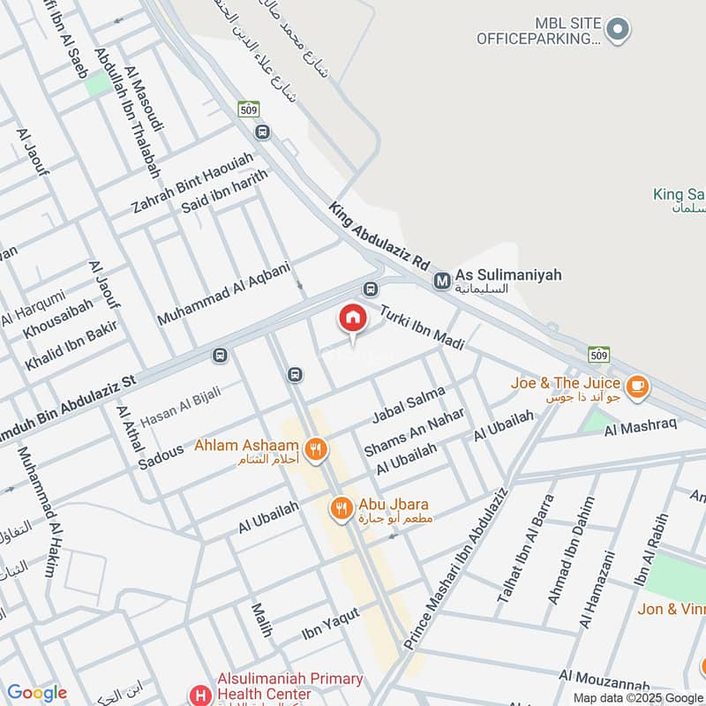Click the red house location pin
tap(352, 319)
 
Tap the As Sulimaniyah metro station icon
tap(442, 281)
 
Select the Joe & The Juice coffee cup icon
tap(636, 386)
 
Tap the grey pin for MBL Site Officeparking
tap(620, 29)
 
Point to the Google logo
tap(36, 693)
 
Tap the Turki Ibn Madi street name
tap(421, 327)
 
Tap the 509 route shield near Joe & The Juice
tap(598, 356)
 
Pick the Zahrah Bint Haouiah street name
tap(192, 184)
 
